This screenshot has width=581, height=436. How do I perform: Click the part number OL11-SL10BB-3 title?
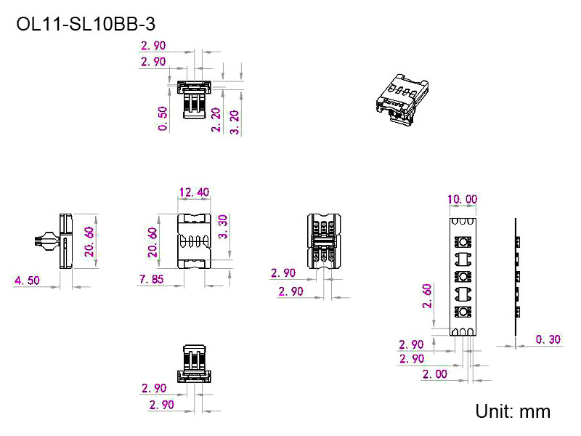86,24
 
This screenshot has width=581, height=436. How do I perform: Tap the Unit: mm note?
513,411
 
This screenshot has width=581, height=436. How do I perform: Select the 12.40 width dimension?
193,193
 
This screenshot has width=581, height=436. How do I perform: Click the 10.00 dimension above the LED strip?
462,199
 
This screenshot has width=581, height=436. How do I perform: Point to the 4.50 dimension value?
28,280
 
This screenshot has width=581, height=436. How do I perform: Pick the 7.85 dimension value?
153,280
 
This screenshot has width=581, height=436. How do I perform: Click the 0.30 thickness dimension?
548,339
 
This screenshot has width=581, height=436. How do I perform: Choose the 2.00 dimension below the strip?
435,374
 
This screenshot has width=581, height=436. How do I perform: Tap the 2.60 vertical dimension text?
427,296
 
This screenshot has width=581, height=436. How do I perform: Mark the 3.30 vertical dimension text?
224,227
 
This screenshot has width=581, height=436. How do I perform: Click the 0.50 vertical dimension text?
163,118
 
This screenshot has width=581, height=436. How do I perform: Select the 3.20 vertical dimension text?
234,121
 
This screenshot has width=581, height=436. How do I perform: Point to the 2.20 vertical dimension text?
216,119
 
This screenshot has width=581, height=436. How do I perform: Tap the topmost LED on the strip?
463,242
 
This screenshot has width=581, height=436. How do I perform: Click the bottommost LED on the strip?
463,312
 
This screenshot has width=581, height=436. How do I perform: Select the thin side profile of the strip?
516,276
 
